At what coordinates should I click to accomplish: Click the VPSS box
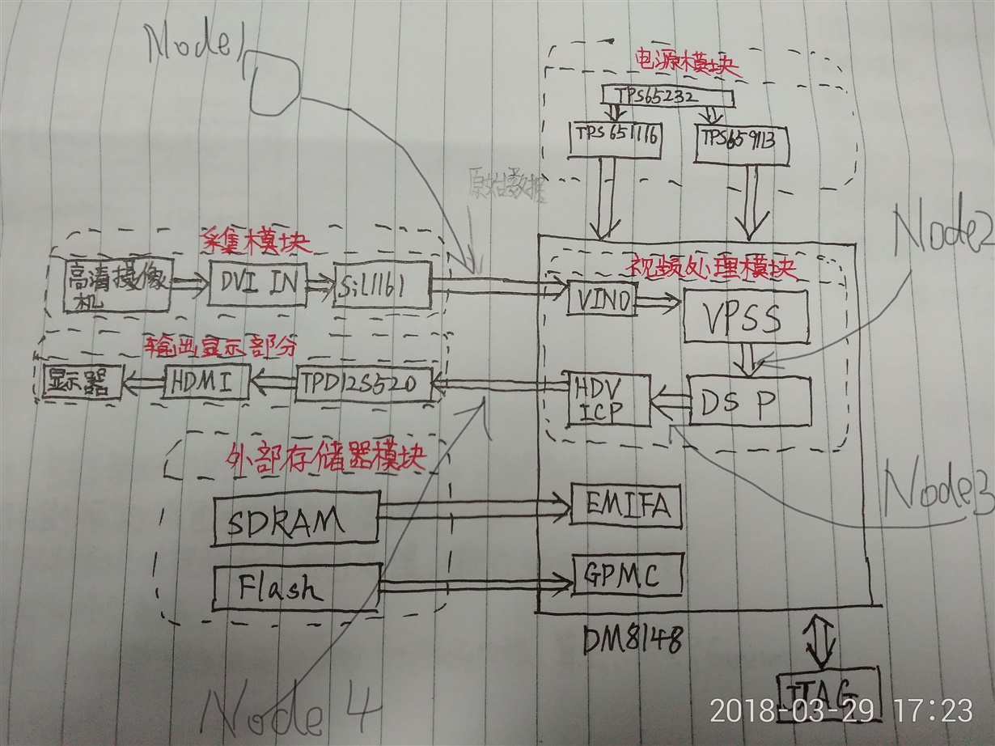click(x=746, y=317)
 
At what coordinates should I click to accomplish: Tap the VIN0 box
click(x=600, y=302)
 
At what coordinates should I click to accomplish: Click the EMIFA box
click(x=627, y=507)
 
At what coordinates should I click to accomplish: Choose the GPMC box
click(x=627, y=576)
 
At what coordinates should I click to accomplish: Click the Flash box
click(x=295, y=588)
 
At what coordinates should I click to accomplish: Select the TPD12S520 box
click(x=364, y=383)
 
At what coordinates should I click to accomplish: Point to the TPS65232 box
click(x=667, y=97)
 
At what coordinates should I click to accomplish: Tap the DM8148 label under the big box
click(x=631, y=642)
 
